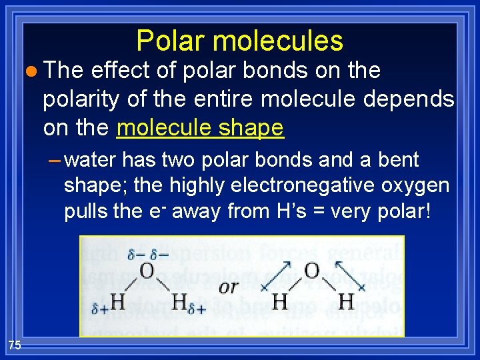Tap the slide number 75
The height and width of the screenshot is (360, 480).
tap(15, 344)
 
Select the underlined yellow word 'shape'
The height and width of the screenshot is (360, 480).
tap(255, 127)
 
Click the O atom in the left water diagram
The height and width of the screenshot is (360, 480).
tap(147, 271)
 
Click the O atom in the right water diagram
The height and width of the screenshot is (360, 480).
tap(311, 271)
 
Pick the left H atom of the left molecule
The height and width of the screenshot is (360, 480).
tap(117, 301)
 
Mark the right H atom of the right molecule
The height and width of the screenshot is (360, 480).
tap(346, 301)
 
